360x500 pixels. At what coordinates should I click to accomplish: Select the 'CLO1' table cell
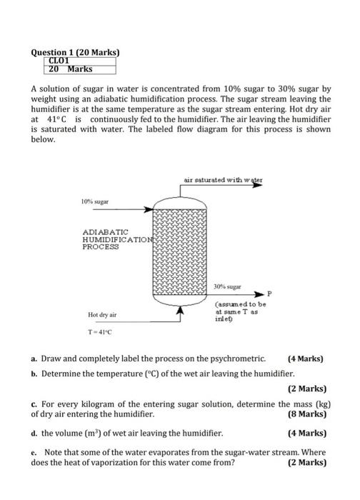coord(59,61)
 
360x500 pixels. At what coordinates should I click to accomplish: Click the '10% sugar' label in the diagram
coord(94,202)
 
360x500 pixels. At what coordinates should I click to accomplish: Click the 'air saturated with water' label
coord(223,181)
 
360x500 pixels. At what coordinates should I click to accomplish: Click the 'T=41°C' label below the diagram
coord(100,331)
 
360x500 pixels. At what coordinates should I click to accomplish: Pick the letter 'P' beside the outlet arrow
coord(269,293)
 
